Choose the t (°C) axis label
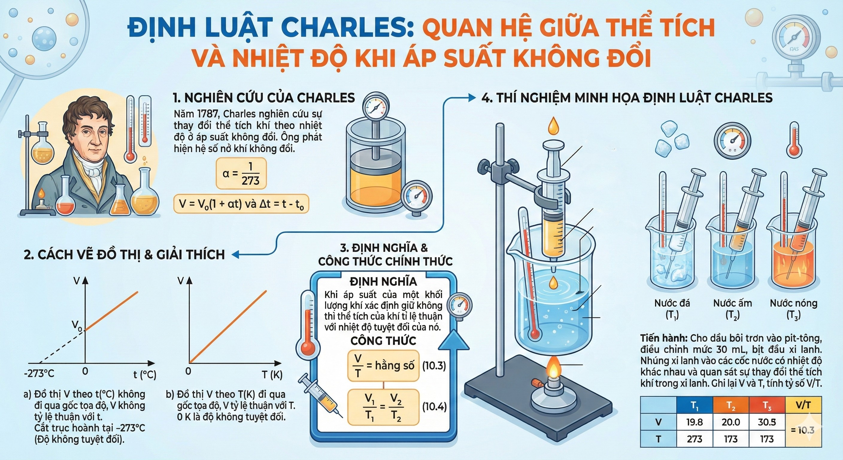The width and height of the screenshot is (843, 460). pos(144,374)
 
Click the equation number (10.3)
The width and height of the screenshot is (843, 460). pos(434,366)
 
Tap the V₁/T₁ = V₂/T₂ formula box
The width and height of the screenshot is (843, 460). pos(383,407)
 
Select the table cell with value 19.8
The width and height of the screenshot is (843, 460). pos(694,422)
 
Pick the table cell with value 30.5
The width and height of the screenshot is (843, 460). pos(767,422)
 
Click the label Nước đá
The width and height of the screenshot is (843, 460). pos(672,303)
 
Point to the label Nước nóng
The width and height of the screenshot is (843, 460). pos(793,303)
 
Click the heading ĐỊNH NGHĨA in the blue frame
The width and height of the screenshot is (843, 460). pos(383,282)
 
